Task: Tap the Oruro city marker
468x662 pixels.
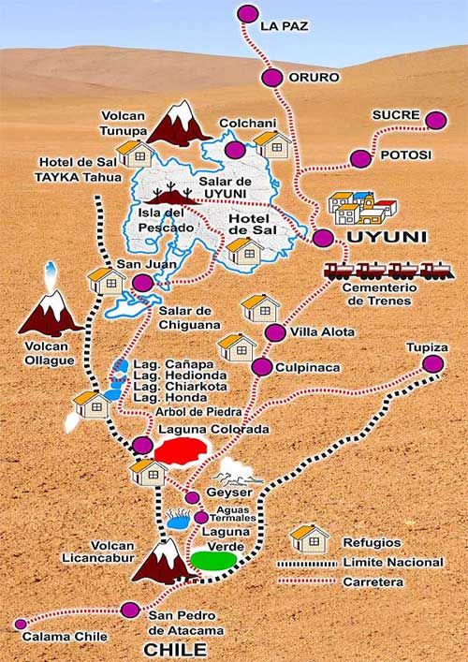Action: (272, 78)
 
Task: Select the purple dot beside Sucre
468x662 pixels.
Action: (435, 120)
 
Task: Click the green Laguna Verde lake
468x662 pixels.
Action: (212, 560)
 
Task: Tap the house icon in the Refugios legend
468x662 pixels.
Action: (309, 538)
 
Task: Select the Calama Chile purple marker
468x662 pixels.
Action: (21, 624)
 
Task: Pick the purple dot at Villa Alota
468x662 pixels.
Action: (274, 332)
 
